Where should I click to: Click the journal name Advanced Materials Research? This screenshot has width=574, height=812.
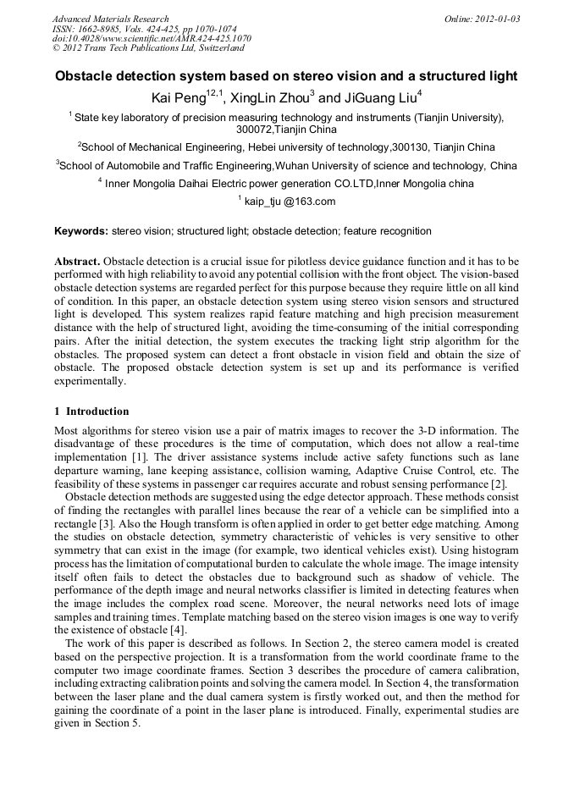(110, 19)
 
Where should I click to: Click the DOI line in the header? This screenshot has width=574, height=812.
(152, 38)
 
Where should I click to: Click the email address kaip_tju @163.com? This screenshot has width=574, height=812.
(290, 202)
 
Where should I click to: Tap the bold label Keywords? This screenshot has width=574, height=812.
(81, 231)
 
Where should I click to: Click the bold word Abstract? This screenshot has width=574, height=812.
(78, 260)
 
